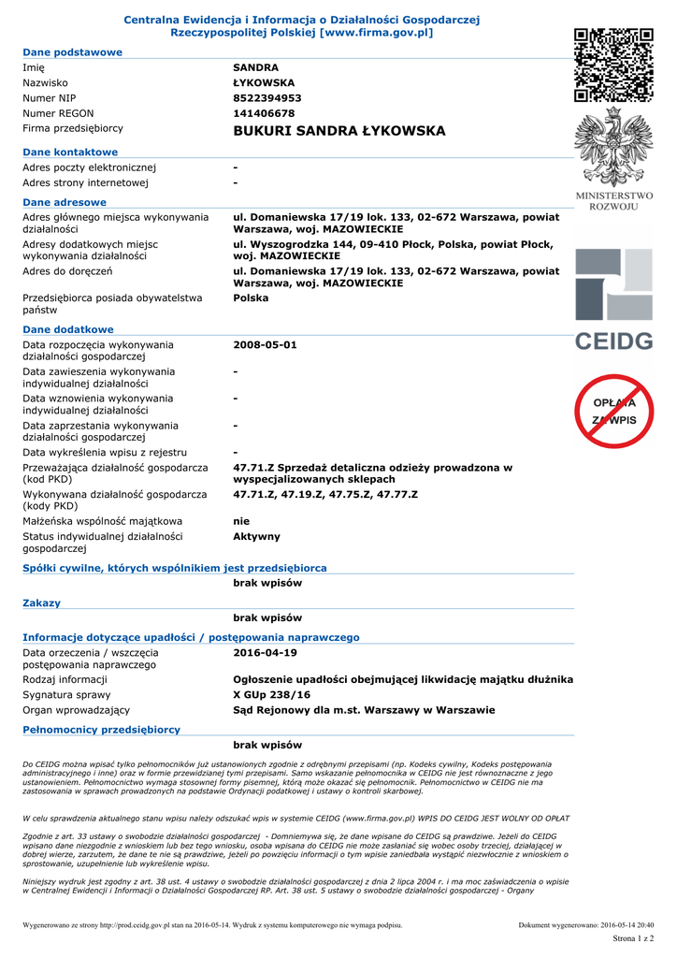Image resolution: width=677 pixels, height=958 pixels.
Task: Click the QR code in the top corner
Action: pyautogui.click(x=612, y=65)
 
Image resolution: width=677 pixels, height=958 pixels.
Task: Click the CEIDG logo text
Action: pyautogui.click(x=613, y=341)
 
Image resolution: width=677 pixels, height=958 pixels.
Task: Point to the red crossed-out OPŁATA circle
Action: pyautogui.click(x=613, y=411)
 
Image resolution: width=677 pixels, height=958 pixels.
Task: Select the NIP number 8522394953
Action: pyautogui.click(x=267, y=98)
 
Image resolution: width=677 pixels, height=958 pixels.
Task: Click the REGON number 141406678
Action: pyautogui.click(x=264, y=113)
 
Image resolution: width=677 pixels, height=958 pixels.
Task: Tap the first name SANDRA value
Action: pyautogui.click(x=255, y=67)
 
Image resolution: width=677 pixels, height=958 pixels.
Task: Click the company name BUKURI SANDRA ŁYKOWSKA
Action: pyautogui.click(x=339, y=131)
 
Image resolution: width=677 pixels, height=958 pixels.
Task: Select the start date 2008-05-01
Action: pyautogui.click(x=265, y=345)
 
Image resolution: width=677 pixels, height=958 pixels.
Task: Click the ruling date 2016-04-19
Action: pyautogui.click(x=265, y=653)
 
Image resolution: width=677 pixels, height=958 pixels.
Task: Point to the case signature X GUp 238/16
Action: pyautogui.click(x=271, y=695)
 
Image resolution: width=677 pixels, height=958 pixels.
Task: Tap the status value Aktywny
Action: pyautogui.click(x=256, y=537)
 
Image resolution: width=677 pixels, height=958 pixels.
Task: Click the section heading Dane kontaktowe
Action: pyautogui.click(x=70, y=152)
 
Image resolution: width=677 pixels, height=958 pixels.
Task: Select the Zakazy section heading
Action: pyautogui.click(x=41, y=603)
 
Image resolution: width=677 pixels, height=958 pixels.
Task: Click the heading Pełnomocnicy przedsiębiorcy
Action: pyautogui.click(x=101, y=730)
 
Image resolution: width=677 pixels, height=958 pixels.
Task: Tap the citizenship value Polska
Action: pyautogui.click(x=251, y=298)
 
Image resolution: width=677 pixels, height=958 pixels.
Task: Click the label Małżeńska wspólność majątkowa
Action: pyautogui.click(x=103, y=521)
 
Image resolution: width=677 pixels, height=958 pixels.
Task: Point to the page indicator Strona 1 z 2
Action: pyautogui.click(x=633, y=937)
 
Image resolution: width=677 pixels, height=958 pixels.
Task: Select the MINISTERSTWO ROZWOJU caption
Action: pyautogui.click(x=613, y=200)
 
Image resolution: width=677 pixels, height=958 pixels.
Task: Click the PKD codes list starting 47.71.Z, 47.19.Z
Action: pyautogui.click(x=325, y=494)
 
